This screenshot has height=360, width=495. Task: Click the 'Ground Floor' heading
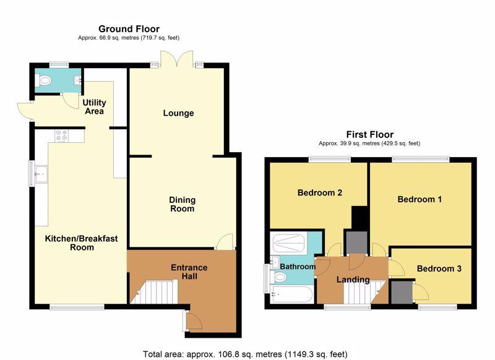pos(129,29)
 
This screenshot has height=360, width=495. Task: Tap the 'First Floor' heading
pos(369,135)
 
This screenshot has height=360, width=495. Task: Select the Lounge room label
pos(178,113)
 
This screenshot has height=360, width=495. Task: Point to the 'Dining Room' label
pos(182,204)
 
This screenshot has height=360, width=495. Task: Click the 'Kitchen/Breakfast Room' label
pos(82,243)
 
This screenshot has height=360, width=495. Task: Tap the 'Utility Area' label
pos(94,107)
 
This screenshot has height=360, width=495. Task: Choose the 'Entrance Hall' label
pos(189,272)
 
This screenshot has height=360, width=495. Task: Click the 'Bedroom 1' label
pos(420,199)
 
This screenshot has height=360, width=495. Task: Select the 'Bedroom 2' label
pos(320,193)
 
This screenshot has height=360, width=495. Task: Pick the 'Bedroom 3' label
pos(439,269)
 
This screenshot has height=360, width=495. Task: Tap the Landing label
pos(353,280)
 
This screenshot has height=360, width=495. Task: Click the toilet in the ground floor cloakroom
pos(43,81)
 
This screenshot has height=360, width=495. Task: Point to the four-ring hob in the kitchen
pos(61,135)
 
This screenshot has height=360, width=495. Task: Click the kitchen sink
pos(41,174)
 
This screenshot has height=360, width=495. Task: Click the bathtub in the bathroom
pos(292,294)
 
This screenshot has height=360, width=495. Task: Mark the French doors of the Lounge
pos(176,59)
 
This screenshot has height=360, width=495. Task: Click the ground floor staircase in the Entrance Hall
pos(154,292)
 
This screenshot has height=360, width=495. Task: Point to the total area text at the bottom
pos(245,354)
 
